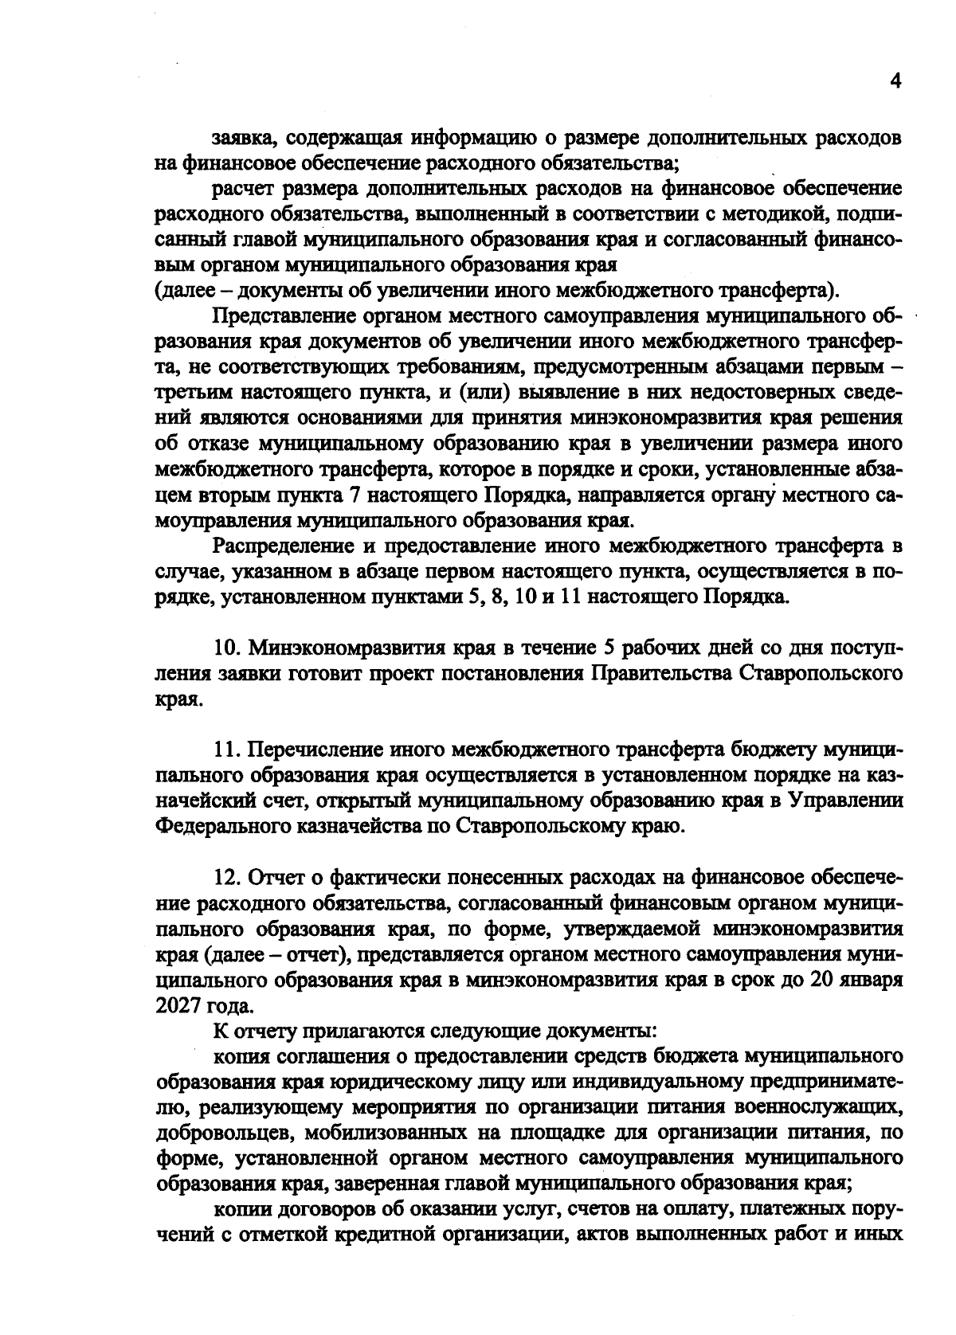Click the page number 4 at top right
click(895, 82)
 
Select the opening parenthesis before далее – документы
click(158, 288)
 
